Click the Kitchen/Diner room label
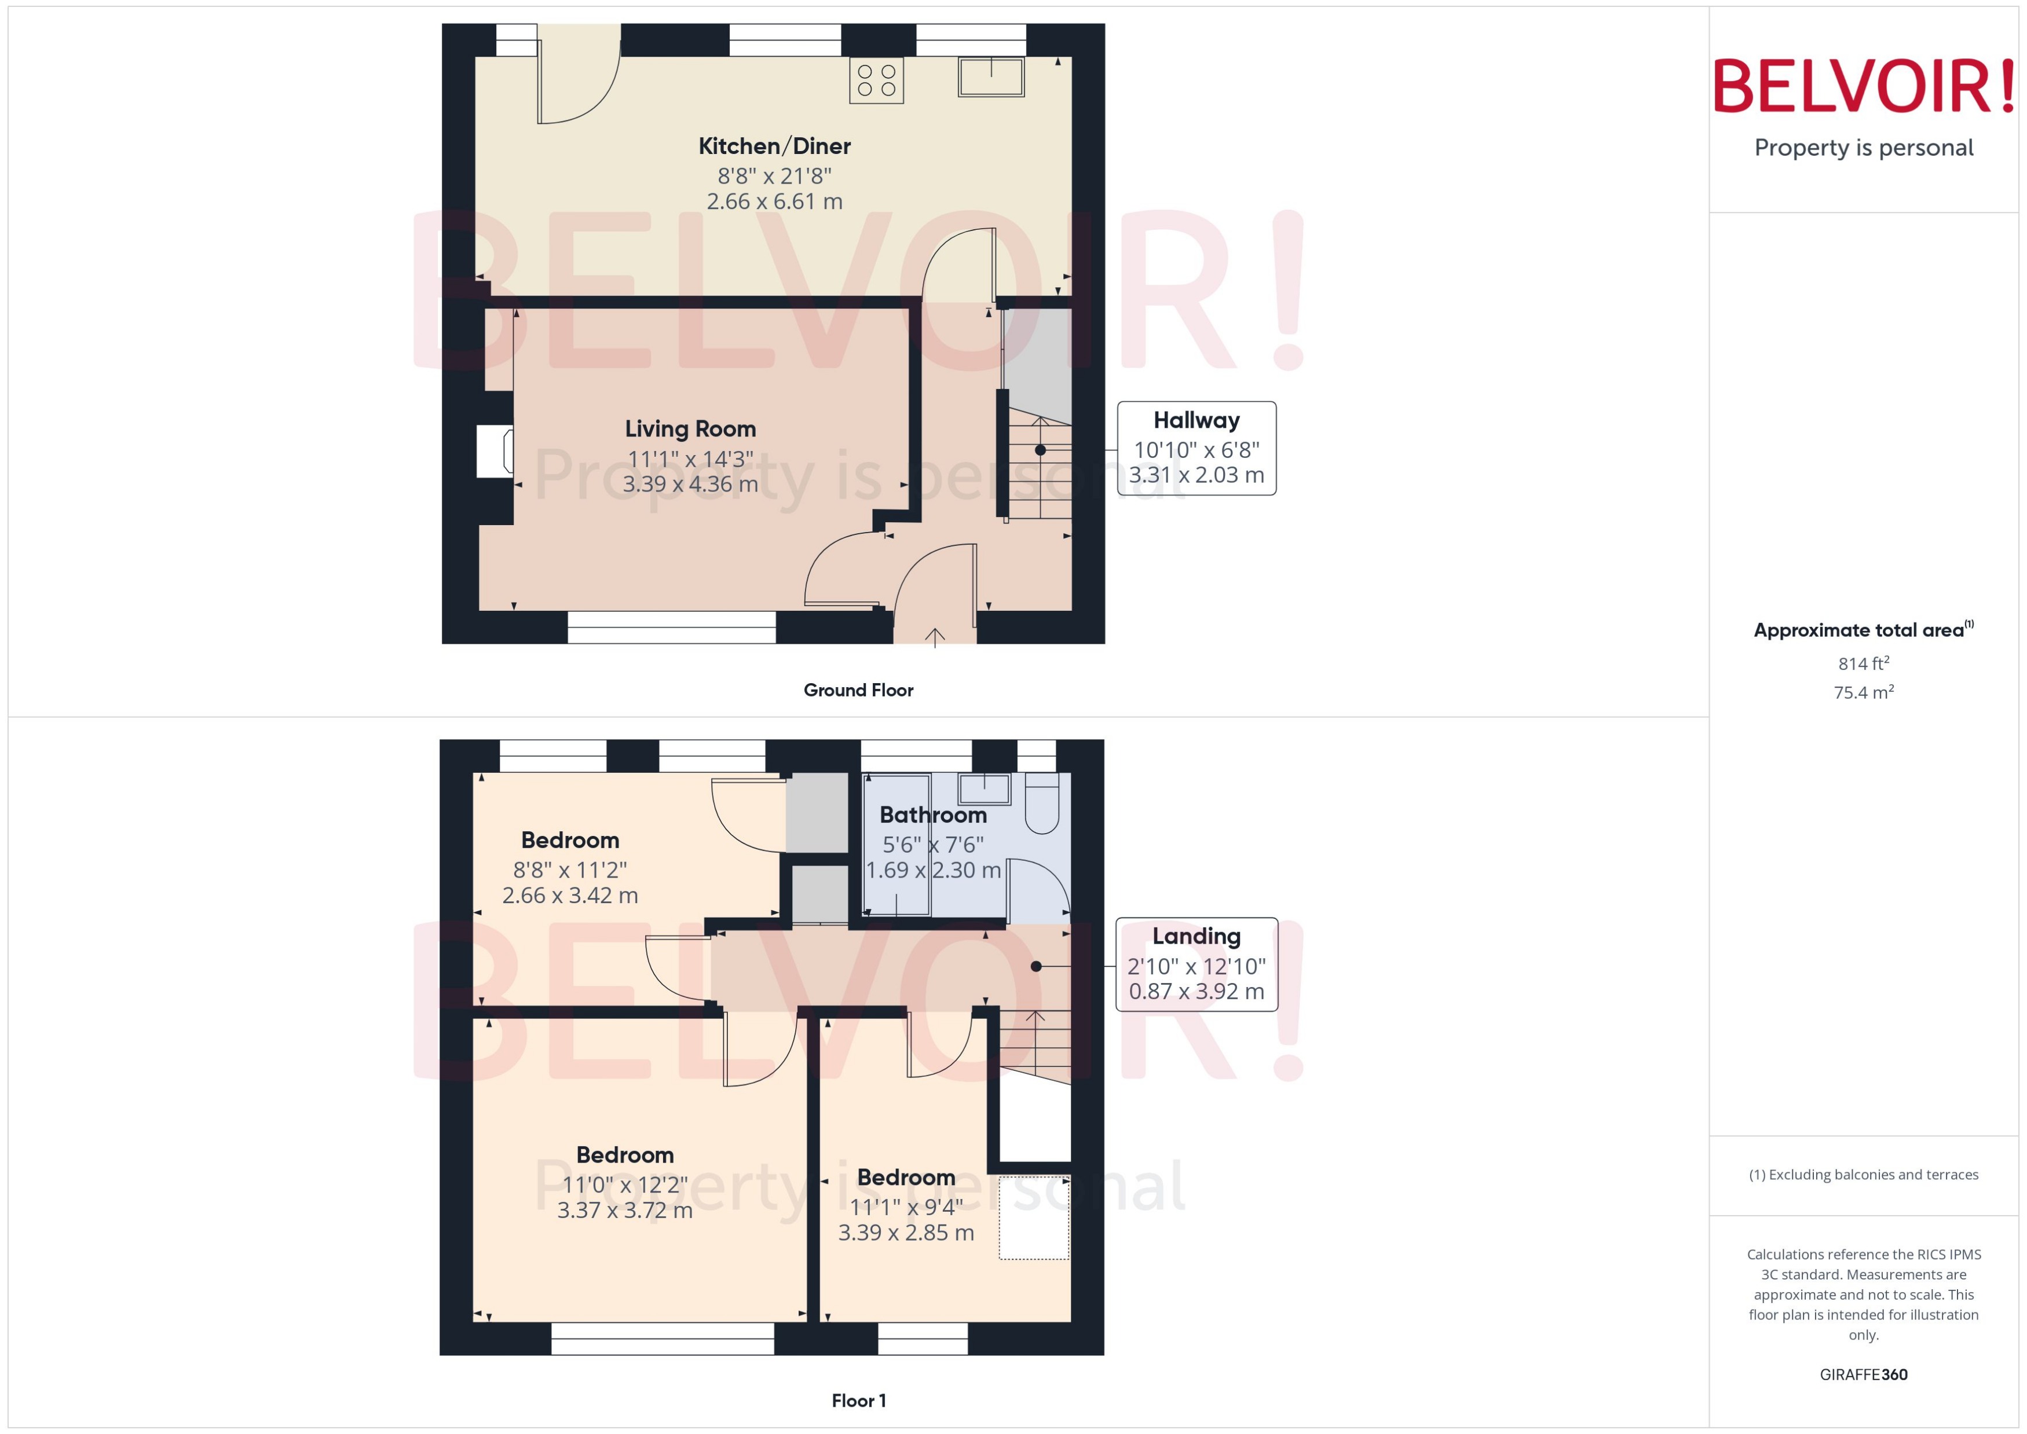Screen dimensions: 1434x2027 (x=774, y=146)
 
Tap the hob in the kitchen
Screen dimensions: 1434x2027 (x=876, y=80)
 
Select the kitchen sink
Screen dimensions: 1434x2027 (x=991, y=77)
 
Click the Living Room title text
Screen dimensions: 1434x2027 (x=690, y=429)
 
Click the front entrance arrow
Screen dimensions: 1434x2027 (x=935, y=636)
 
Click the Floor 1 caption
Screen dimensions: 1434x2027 (x=858, y=1400)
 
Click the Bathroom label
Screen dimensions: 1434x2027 (x=932, y=815)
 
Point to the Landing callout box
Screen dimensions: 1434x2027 (x=1196, y=964)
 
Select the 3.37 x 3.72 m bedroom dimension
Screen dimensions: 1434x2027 (x=624, y=1211)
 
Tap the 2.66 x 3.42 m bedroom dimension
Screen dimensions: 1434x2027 (x=570, y=896)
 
